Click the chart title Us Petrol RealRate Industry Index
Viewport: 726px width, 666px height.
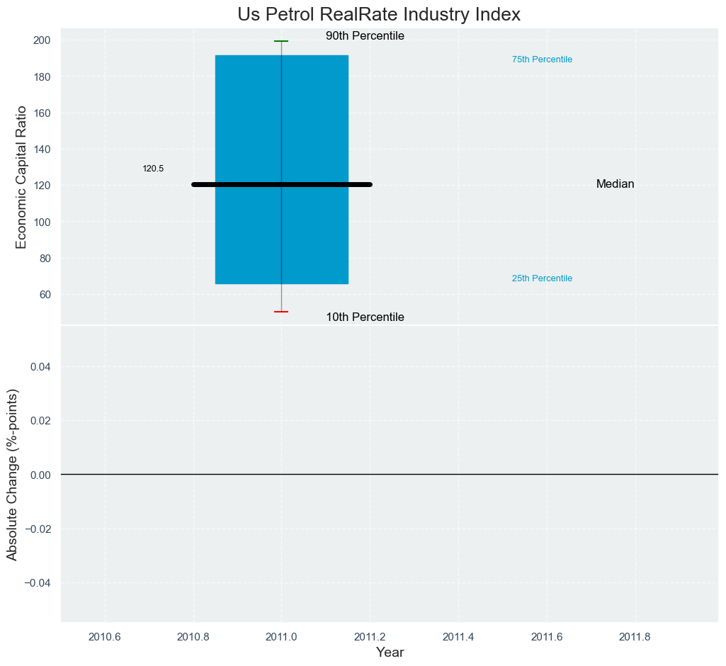point(379,14)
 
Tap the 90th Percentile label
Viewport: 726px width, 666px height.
point(365,36)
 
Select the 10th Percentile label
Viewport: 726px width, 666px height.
point(365,317)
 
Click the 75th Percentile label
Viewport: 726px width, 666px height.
point(542,60)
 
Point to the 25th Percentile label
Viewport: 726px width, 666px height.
point(542,278)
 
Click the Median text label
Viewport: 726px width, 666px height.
point(615,184)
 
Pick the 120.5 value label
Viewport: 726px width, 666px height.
point(153,169)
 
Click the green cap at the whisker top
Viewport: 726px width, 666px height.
point(281,41)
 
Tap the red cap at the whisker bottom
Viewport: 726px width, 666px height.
point(281,312)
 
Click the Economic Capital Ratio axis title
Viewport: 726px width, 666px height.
point(21,176)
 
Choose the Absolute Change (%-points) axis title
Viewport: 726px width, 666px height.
point(12,474)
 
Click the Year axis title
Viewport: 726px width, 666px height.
point(390,653)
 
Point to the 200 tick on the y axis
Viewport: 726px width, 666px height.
point(42,40)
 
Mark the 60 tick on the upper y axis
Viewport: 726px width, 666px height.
point(45,294)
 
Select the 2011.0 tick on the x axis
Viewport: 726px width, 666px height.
point(281,636)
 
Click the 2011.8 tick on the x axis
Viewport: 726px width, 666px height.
point(635,636)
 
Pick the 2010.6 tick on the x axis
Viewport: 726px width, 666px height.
point(105,636)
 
